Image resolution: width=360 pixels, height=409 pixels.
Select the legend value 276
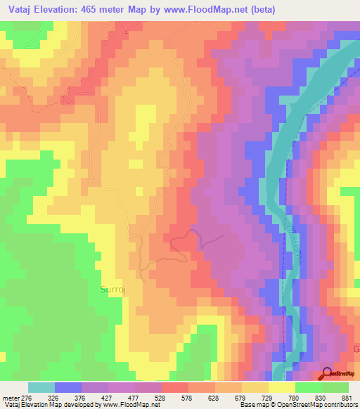(20, 397)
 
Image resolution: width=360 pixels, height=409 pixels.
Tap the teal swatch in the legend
(41, 387)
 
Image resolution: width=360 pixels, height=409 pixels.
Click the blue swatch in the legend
(67, 387)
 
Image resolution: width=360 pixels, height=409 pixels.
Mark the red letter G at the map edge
(355, 349)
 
